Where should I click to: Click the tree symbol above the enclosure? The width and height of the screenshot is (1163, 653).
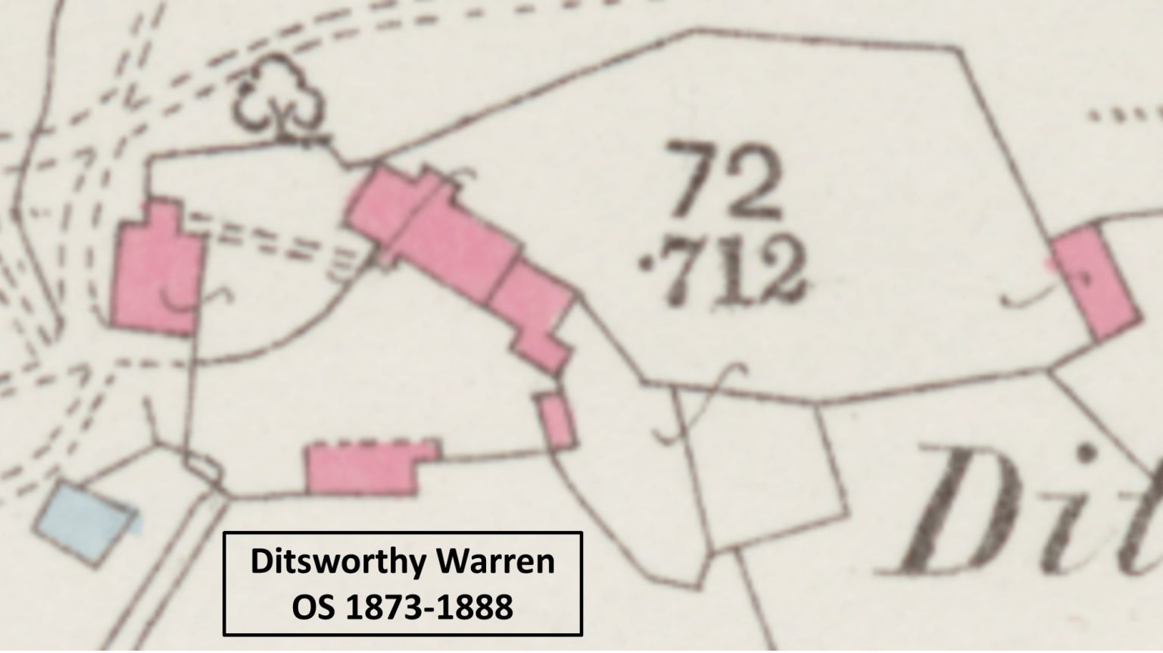pyautogui.click(x=279, y=102)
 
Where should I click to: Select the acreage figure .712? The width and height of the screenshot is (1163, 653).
pyautogui.click(x=723, y=270)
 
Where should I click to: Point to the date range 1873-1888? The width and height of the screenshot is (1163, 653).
pyautogui.click(x=429, y=607)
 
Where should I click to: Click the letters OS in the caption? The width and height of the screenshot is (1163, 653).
pyautogui.click(x=312, y=607)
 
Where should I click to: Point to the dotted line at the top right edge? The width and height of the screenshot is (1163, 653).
pyautogui.click(x=1124, y=116)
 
